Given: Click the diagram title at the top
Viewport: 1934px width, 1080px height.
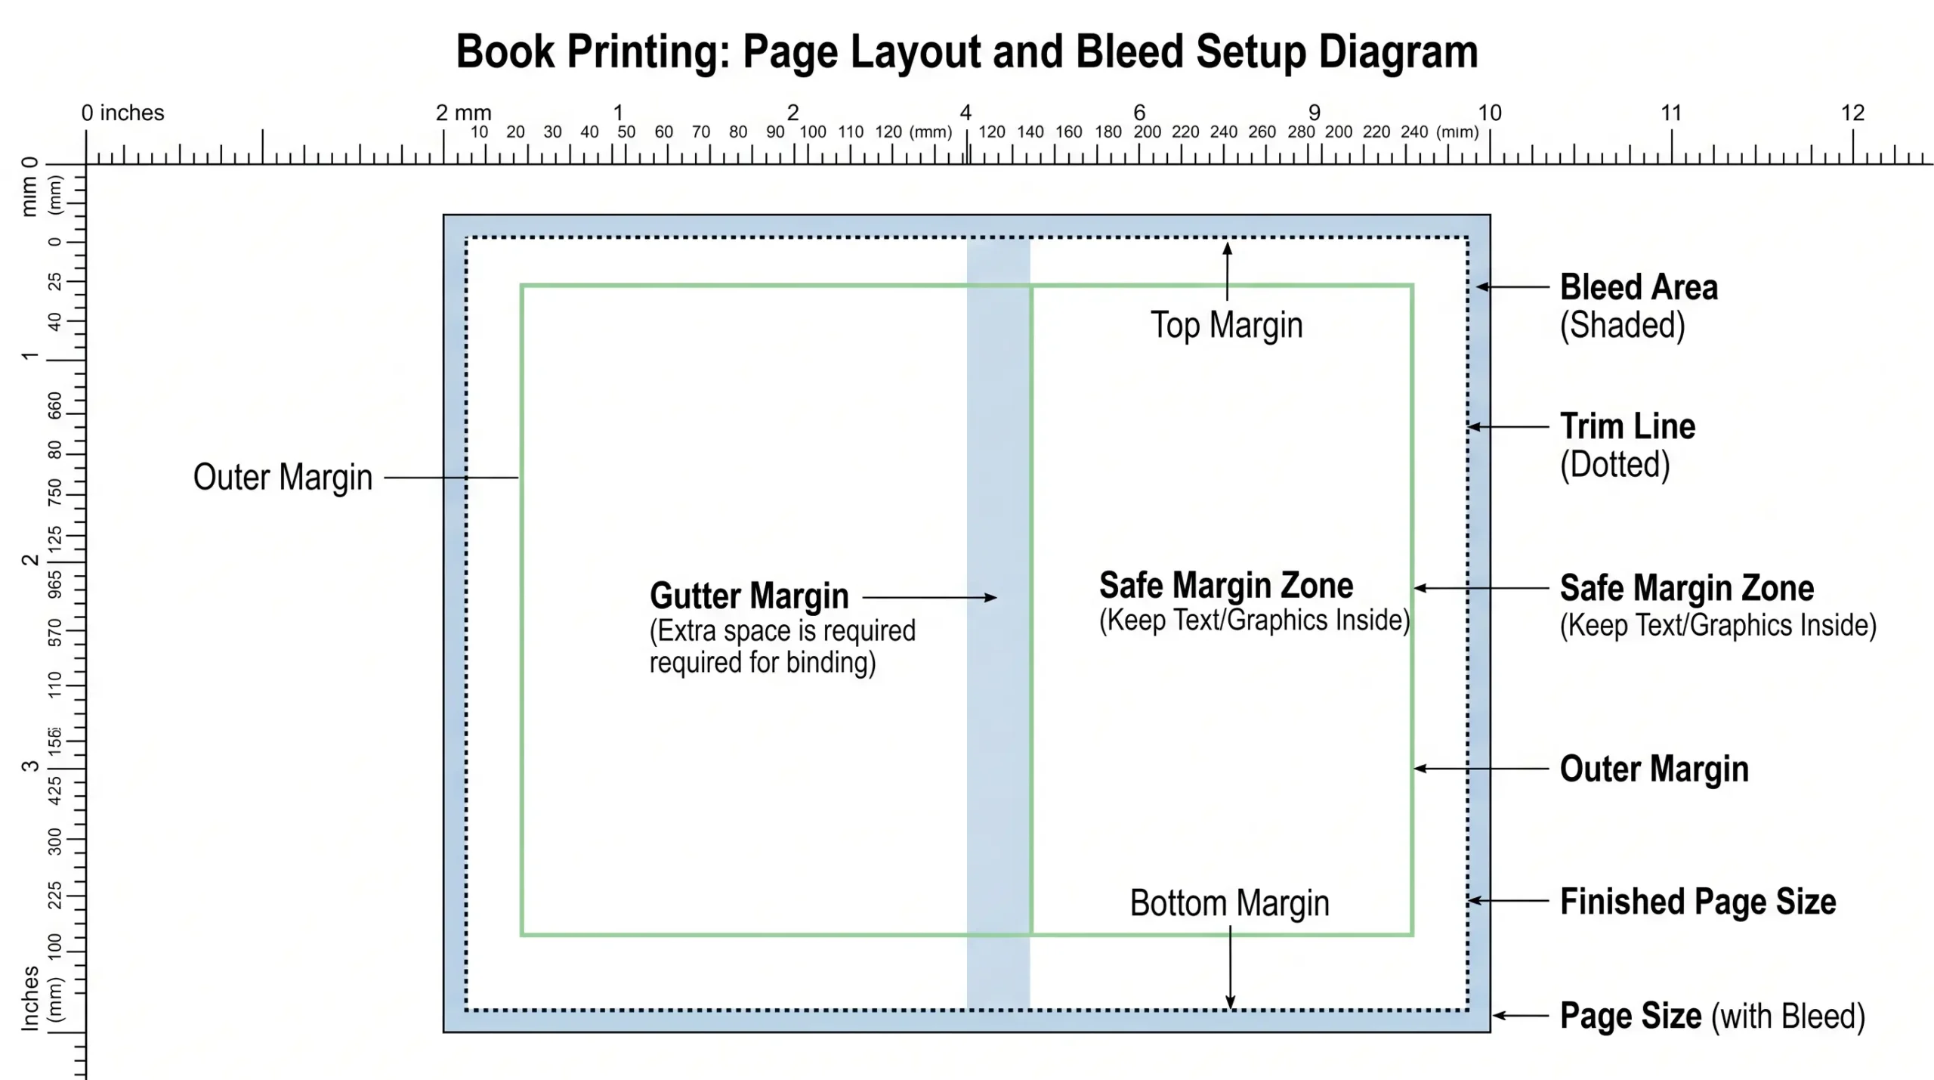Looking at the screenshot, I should point(966,51).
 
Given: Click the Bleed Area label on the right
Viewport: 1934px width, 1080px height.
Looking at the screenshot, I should point(1638,288).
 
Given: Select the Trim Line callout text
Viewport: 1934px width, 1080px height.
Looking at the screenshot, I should point(1627,427).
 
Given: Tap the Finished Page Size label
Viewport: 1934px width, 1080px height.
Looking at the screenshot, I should point(1698,902).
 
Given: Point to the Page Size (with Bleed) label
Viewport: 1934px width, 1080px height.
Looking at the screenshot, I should point(1712,1017).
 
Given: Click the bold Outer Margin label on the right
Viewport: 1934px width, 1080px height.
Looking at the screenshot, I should point(1654,769).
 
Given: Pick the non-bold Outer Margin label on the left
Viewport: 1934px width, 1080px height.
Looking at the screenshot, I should point(283,478).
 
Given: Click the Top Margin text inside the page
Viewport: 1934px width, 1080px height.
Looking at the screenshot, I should point(1226,326).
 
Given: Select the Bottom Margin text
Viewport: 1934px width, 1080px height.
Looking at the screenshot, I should point(1229,904).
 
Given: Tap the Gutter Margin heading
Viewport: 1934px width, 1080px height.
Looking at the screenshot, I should point(749,596).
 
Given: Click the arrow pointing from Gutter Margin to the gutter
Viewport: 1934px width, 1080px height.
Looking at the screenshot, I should point(929,598).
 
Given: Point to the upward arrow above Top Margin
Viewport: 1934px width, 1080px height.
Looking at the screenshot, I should point(1227,271).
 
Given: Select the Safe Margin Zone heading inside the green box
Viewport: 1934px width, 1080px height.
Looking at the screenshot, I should point(1225,586).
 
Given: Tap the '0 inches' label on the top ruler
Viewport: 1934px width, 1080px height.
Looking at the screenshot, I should point(122,113).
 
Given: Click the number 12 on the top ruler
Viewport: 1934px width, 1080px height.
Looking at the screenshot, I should point(1852,113).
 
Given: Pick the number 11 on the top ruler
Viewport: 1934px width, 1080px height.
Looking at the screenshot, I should point(1670,113).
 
